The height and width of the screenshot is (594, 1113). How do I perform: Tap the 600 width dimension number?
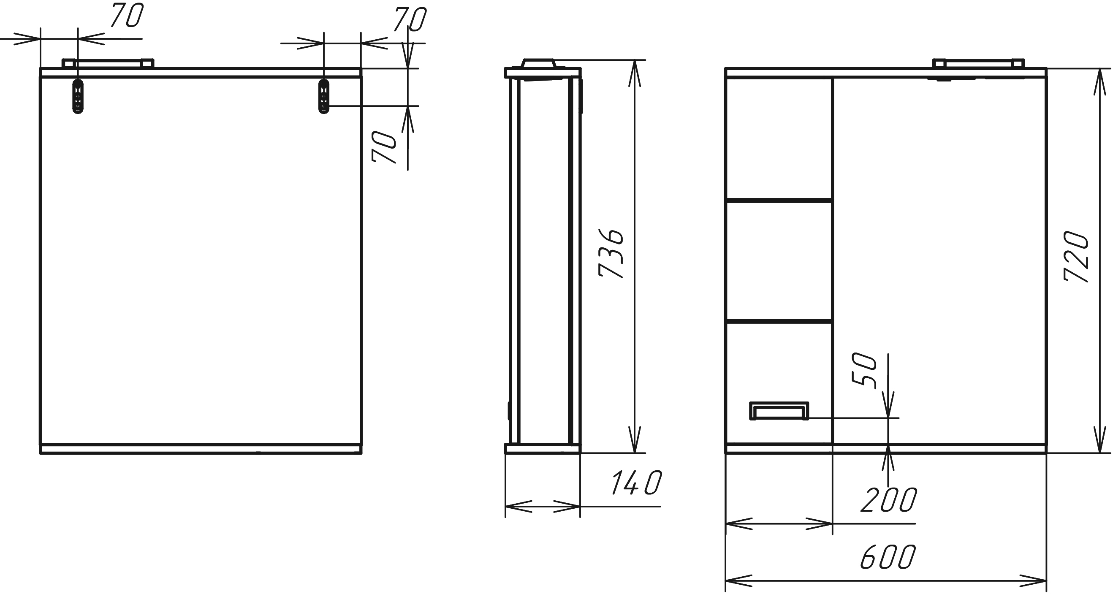point(888,557)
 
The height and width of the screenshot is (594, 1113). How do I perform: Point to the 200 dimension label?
point(889,500)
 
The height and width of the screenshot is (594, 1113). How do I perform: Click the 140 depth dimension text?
point(636,483)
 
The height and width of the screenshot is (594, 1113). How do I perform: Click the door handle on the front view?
point(779,411)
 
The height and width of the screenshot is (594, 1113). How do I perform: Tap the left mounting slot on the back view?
point(78,96)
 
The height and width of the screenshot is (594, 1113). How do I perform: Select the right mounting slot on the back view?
point(323,96)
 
